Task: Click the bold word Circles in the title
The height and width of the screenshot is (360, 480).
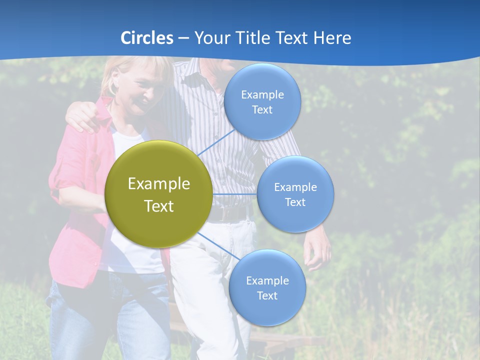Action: tap(146, 38)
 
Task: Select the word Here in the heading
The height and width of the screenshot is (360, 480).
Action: tap(332, 38)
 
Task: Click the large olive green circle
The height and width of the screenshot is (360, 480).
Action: tap(158, 194)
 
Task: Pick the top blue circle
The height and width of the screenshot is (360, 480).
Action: tap(262, 101)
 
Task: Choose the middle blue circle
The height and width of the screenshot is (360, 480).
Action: tap(295, 194)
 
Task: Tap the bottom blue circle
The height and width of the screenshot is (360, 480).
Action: tap(267, 287)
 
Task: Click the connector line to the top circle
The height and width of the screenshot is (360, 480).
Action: tap(216, 142)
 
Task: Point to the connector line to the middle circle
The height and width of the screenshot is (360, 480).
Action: tap(235, 193)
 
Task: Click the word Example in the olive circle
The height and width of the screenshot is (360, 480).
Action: tap(159, 184)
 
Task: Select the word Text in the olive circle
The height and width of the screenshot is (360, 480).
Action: tap(159, 206)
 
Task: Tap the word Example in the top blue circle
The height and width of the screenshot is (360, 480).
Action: tap(262, 95)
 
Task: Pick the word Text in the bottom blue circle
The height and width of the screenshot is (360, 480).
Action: tap(267, 295)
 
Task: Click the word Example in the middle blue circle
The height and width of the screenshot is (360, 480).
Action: tap(295, 187)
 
